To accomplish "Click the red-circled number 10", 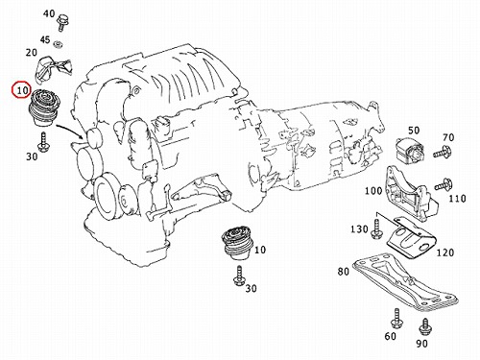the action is (x=22, y=90).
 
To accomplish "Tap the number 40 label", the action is (x=49, y=13).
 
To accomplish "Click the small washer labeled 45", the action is (x=58, y=43).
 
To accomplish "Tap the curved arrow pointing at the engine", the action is (x=70, y=132).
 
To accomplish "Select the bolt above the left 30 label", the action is (x=43, y=144).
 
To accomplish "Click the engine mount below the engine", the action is (x=236, y=243).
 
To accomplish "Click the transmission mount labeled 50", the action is (x=410, y=151).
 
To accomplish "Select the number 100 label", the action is (x=373, y=191).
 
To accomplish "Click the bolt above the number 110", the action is (x=444, y=184).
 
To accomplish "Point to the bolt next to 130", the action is (x=375, y=228).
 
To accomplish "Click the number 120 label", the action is (x=445, y=252).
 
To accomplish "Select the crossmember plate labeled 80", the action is (x=404, y=281).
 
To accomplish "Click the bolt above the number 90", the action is (x=425, y=327).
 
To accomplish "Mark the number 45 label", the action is (x=45, y=39).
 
